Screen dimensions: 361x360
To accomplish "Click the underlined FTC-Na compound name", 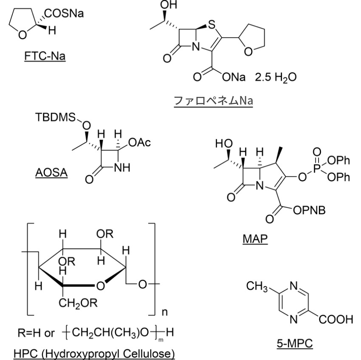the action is tap(45, 56).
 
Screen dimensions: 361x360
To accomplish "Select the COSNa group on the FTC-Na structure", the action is tap(64, 13).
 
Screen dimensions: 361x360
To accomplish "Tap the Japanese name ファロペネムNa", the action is tap(214, 101).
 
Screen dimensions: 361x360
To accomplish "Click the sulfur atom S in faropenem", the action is tap(211, 25).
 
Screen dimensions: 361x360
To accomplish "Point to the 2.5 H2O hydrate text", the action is tap(276, 77).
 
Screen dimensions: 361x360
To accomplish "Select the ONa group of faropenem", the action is tap(234, 77).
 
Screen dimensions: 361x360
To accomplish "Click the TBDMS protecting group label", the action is tap(56, 117).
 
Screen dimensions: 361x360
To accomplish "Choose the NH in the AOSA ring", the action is tap(122, 167).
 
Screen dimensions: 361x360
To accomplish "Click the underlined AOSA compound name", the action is tap(51, 173).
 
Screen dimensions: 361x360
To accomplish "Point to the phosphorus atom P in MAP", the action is tap(317, 168).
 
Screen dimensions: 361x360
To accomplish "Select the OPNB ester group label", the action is tap(309, 210).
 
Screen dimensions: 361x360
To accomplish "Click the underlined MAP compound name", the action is tap(255, 239).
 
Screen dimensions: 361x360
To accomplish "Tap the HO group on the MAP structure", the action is tap(224, 143).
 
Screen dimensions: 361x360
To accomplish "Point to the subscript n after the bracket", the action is tap(165, 312).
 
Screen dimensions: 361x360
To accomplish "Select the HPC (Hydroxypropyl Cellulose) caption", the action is tap(94, 354).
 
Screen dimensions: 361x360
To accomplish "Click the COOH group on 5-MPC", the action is tap(336, 320).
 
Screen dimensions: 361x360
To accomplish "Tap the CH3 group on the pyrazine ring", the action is tap(257, 286).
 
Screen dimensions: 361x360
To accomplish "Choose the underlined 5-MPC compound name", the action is tap(295, 343).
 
